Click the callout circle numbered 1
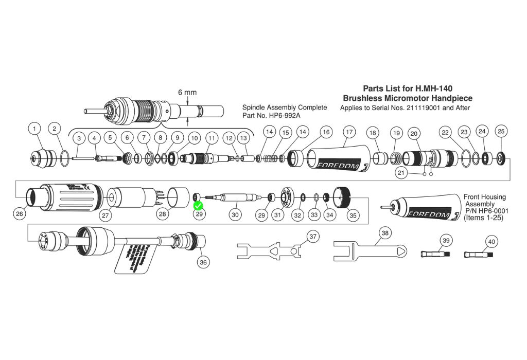(x=35, y=128)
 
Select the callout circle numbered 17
(x=349, y=132)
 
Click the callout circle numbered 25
(x=501, y=131)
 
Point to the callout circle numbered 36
(x=204, y=262)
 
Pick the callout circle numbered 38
(x=385, y=233)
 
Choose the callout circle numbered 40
(x=491, y=241)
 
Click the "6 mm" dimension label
(x=187, y=93)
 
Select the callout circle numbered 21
(x=402, y=173)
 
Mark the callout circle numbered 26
(x=20, y=213)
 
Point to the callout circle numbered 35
(x=353, y=215)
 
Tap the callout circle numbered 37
(x=313, y=237)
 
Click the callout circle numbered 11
(x=212, y=138)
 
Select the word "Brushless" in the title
(x=363, y=98)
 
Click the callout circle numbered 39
(x=446, y=241)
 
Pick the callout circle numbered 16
(x=325, y=132)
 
